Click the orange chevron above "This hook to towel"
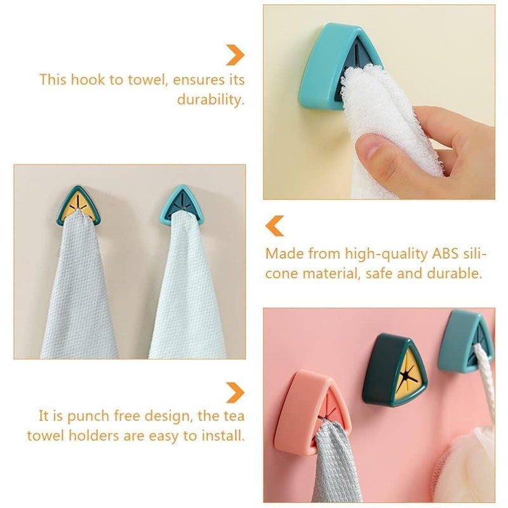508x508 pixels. (236, 55)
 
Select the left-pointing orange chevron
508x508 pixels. (274, 225)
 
